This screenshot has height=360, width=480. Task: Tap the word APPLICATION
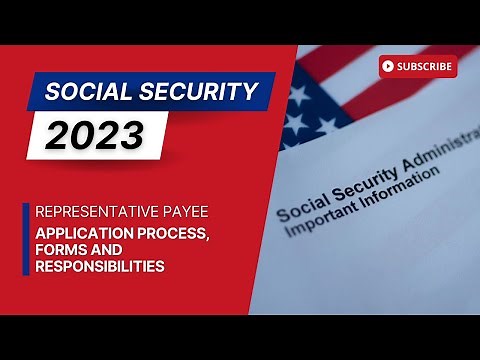point(80,234)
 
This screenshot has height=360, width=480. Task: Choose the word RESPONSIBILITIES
point(99,267)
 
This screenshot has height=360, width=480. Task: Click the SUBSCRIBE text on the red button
point(425,67)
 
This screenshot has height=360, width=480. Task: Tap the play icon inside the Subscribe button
point(388,67)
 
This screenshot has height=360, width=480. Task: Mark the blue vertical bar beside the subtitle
point(26,239)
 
